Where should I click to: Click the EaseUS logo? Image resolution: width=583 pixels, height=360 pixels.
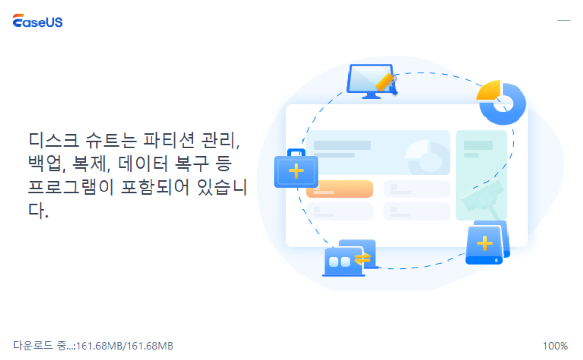[38, 21]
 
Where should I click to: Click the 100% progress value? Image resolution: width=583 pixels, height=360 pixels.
[555, 346]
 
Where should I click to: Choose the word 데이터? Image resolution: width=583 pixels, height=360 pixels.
[147, 165]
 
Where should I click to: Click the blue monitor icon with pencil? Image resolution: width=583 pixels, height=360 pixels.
[370, 82]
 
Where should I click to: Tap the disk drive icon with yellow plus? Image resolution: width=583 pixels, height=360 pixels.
[486, 242]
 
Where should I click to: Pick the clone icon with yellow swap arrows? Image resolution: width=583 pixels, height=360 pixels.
[350, 259]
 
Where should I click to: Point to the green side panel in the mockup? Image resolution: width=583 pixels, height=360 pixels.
[481, 175]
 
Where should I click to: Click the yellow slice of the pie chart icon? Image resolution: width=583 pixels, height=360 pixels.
[489, 91]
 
